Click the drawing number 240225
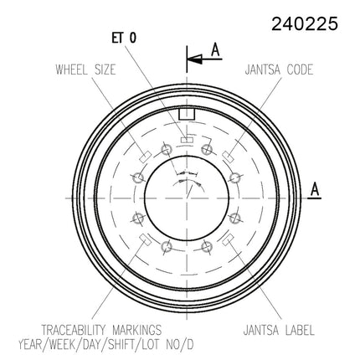[305, 23]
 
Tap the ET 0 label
[124, 38]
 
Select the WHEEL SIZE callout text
[85, 69]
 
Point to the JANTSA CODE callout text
[279, 69]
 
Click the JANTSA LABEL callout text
[279, 330]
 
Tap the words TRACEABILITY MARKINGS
[101, 330]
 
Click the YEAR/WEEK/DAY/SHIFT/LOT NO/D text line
[106, 344]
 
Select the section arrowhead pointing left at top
[194, 59]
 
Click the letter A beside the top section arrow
[215, 50]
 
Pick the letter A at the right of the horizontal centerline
[315, 189]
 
